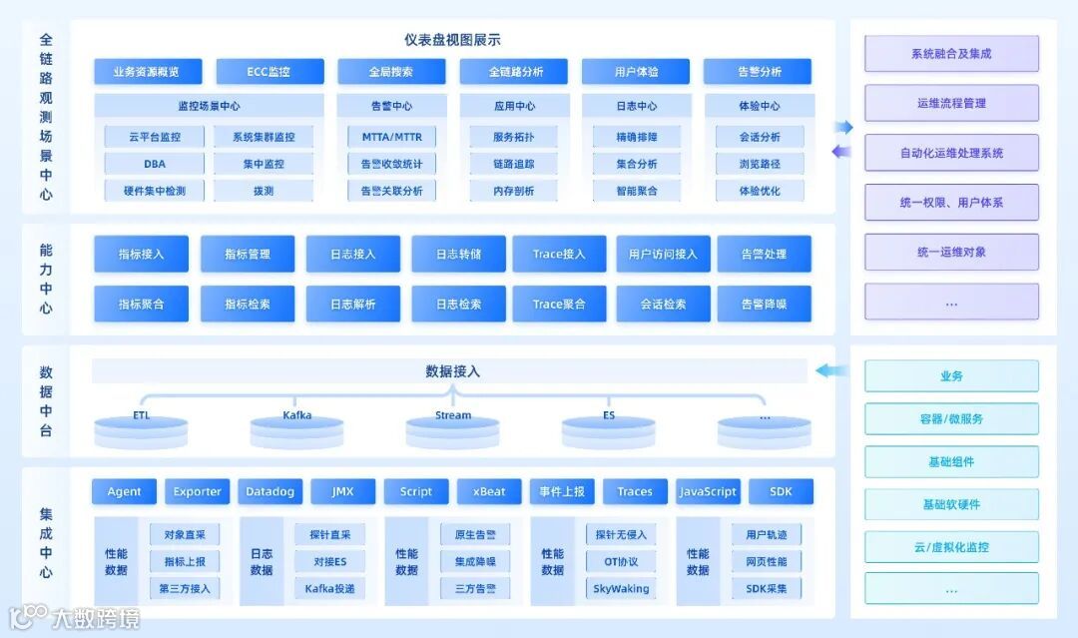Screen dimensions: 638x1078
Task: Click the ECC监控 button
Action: click(269, 72)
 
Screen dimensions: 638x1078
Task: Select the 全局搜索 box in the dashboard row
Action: click(391, 72)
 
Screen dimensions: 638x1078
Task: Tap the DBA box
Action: click(155, 164)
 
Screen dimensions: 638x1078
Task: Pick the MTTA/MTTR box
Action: click(384, 137)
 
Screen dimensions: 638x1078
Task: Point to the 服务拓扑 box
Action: click(513, 137)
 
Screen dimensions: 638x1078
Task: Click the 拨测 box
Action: click(264, 191)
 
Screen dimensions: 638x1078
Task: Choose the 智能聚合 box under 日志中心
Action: click(637, 191)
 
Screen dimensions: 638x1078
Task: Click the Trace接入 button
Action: click(559, 255)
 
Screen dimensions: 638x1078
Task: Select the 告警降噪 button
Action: click(764, 304)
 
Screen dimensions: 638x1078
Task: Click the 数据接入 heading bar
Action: click(451, 371)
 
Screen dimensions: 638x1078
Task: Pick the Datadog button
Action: click(269, 491)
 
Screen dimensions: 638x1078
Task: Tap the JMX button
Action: click(342, 491)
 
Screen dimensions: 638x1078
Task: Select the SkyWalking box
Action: click(621, 588)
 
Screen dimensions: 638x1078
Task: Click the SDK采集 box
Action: click(767, 588)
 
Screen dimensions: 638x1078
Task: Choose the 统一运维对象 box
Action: click(951, 252)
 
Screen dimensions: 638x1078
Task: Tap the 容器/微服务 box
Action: click(951, 418)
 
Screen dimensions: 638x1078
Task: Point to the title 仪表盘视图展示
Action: click(452, 40)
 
